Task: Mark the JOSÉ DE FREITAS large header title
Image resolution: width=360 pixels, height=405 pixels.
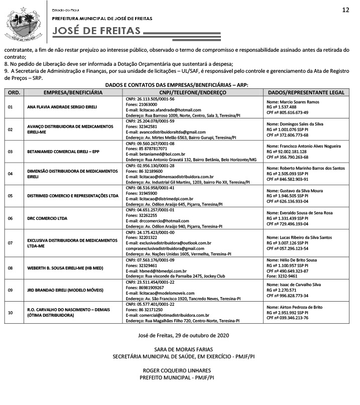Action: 97,31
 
